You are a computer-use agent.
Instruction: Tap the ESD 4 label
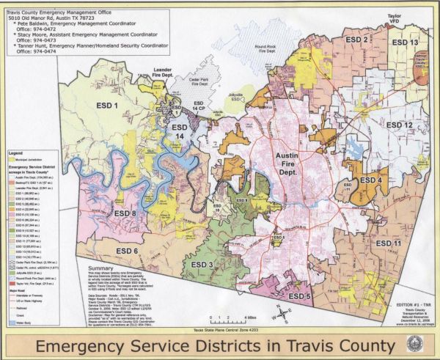[373, 180]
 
